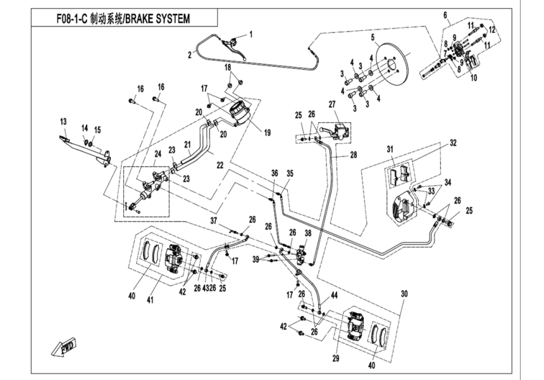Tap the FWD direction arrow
tap(66, 348)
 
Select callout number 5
tap(373, 37)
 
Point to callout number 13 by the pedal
tap(63, 121)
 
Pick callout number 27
tap(331, 104)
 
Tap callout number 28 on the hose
tap(353, 155)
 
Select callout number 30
tap(405, 294)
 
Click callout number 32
tap(453, 142)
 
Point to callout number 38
tap(308, 233)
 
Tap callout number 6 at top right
tap(445, 14)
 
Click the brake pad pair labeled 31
tap(399, 172)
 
